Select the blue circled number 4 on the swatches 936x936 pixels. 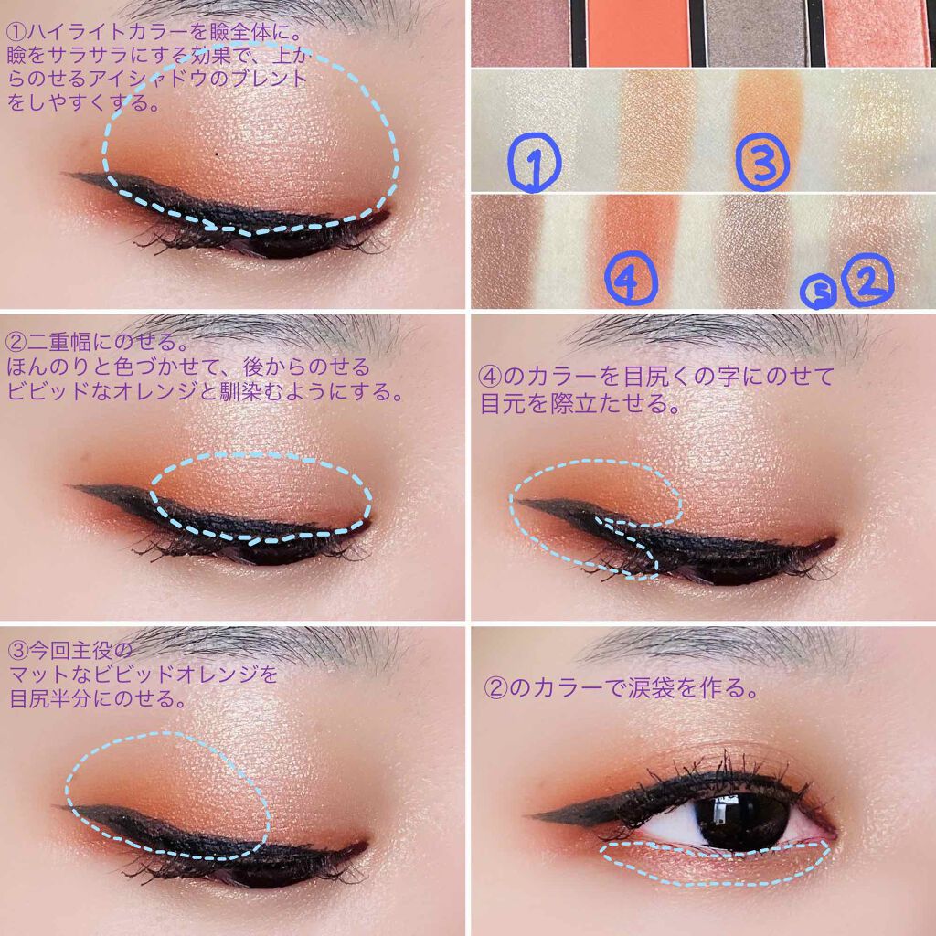tap(632, 282)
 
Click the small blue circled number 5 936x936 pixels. tap(819, 292)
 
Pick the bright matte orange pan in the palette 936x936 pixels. tap(638, 33)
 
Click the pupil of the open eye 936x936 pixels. tap(737, 816)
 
